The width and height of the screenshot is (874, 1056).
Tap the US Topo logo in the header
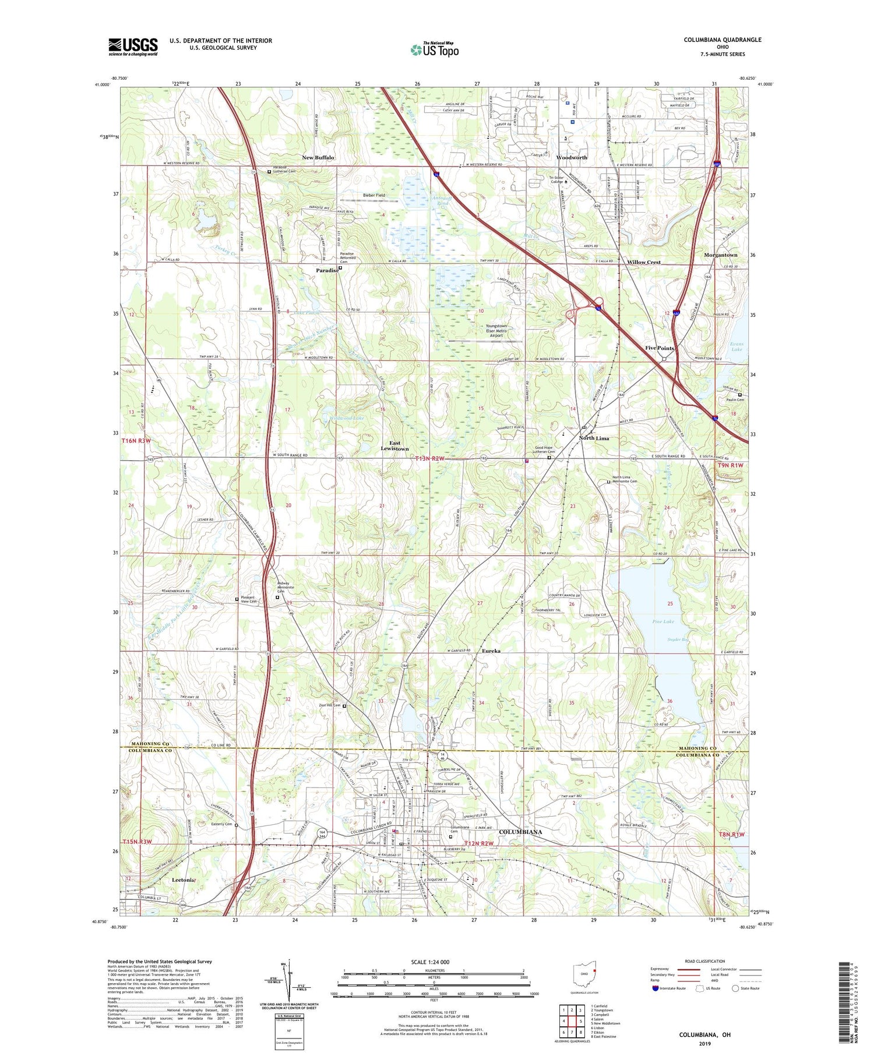(434, 50)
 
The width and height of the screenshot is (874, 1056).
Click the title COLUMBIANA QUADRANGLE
(723, 40)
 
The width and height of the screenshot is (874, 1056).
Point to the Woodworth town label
(572, 158)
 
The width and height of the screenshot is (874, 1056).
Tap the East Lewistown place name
(394, 446)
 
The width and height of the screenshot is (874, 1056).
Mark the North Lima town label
(594, 438)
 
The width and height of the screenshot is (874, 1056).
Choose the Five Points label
(660, 348)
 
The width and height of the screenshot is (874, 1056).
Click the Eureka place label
(491, 651)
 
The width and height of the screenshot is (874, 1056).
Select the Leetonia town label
(182, 880)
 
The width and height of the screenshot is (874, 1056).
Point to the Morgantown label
(721, 255)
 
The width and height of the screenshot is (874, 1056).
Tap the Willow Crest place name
(644, 262)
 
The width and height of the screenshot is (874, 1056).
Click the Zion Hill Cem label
(329, 705)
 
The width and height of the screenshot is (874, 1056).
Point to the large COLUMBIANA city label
(520, 832)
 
